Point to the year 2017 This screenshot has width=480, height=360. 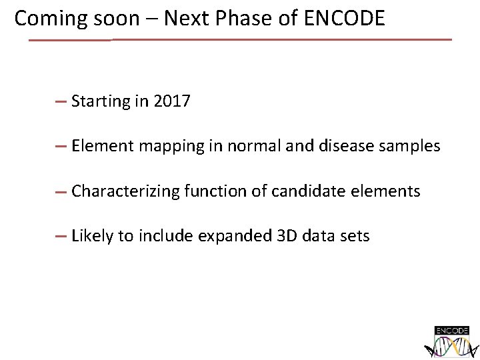point(171,101)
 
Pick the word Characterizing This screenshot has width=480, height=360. point(125,192)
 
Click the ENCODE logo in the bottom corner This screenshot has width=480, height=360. point(452,342)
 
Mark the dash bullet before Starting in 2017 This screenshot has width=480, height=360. point(60,102)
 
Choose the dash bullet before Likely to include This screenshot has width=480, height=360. point(60,236)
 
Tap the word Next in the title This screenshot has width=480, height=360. point(185,19)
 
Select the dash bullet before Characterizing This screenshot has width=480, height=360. point(60,191)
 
